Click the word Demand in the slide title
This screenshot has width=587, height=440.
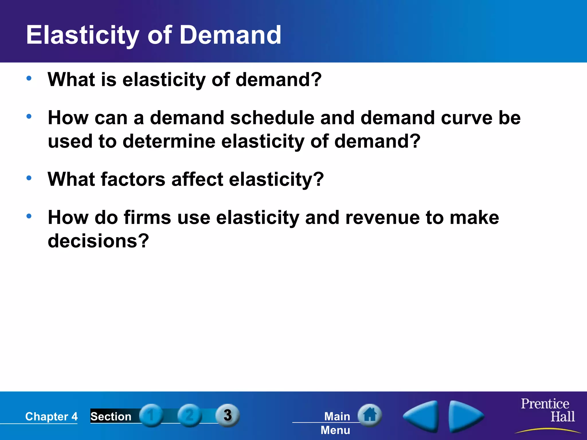click(230, 35)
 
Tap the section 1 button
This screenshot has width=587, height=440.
click(151, 415)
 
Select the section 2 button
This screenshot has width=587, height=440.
click(189, 415)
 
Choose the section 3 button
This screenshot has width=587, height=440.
click(228, 415)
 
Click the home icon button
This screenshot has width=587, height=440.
click(370, 415)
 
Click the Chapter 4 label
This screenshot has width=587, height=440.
click(51, 417)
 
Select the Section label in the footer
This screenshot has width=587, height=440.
click(111, 417)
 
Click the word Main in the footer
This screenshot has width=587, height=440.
click(337, 417)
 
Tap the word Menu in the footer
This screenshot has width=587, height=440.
click(335, 430)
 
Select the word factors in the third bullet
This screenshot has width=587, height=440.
click(133, 179)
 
